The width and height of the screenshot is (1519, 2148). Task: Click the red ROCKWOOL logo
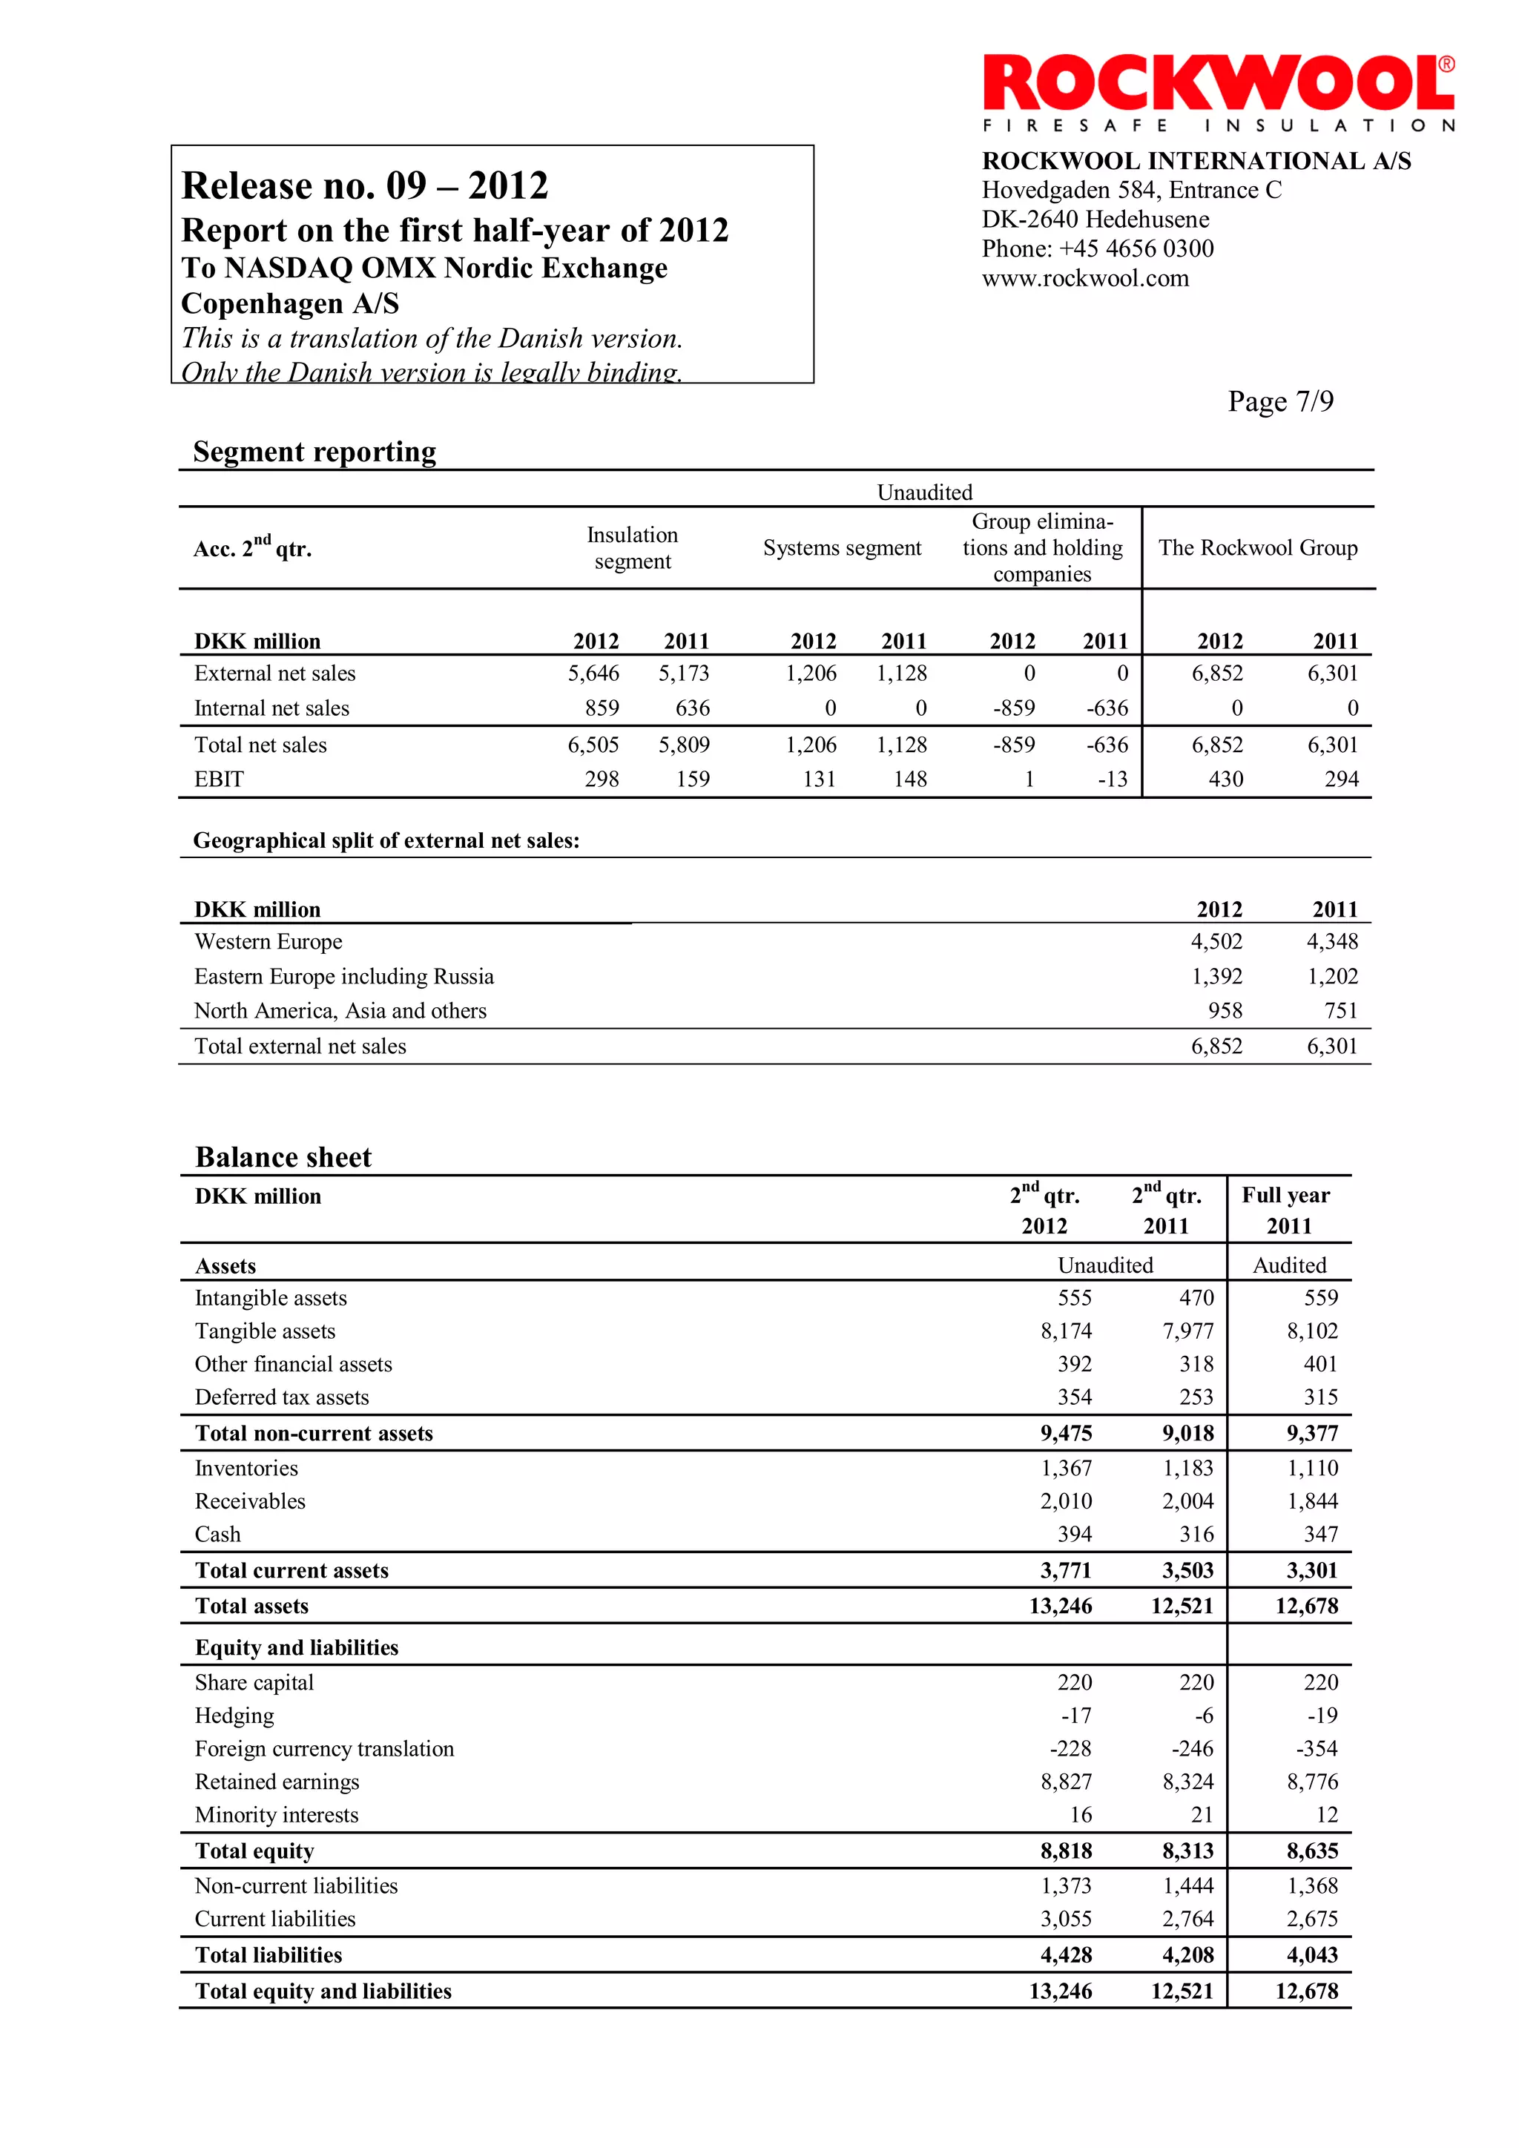(1218, 85)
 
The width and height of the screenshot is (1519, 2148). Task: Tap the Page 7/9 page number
(1280, 401)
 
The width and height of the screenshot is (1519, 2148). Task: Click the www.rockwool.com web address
(1085, 278)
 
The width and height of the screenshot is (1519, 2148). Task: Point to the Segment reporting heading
(314, 452)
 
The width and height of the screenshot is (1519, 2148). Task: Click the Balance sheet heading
(283, 1157)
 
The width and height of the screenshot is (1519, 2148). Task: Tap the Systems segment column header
(842, 548)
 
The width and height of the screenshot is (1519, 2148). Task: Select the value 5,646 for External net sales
(593, 673)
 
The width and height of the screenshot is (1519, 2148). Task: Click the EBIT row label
(219, 780)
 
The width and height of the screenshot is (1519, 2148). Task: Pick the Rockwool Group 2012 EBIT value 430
(1225, 780)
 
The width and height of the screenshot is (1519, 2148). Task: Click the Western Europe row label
(268, 942)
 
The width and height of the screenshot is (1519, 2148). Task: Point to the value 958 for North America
(1225, 1011)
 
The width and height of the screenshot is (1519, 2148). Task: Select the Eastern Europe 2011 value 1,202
(1332, 977)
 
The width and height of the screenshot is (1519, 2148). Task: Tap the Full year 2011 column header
(1289, 1210)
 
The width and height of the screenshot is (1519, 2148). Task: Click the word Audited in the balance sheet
(1289, 1266)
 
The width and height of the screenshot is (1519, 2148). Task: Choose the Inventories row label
(246, 1469)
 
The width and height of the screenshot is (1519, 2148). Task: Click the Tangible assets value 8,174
(1067, 1331)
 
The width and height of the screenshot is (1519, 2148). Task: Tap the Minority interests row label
(276, 1815)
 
